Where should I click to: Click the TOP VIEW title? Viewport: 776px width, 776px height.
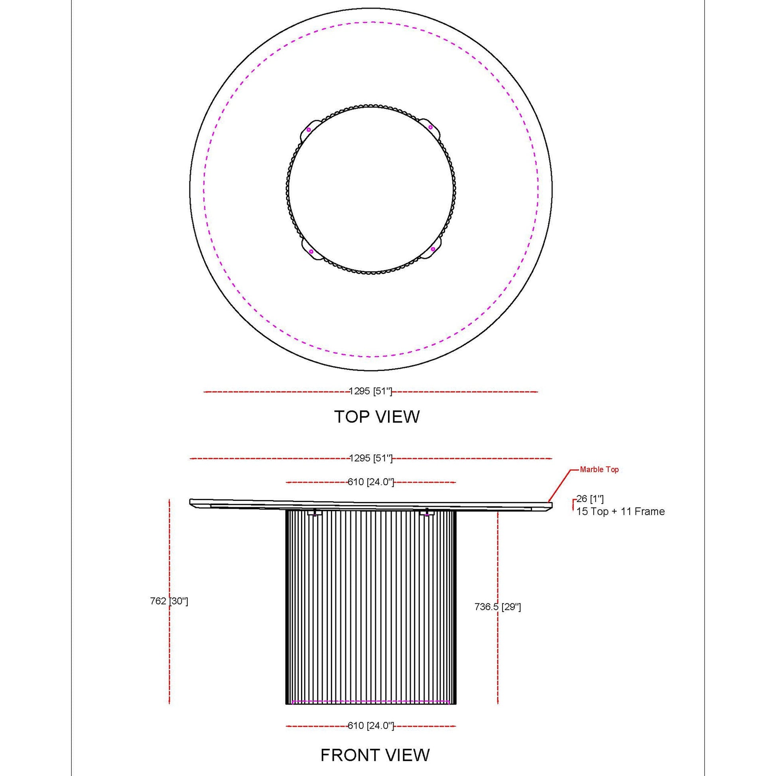pos(377,417)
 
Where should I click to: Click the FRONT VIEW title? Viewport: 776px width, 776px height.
pos(375,755)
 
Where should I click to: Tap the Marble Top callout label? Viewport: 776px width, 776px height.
pos(599,469)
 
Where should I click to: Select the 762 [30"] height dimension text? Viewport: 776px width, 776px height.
pos(169,601)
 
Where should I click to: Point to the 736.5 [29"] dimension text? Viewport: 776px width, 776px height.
pos(498,607)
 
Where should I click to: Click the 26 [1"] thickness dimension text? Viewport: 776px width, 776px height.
pos(590,499)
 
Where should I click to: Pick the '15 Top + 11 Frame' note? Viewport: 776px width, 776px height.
pos(620,512)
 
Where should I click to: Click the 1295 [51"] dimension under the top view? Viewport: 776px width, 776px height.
pos(370,391)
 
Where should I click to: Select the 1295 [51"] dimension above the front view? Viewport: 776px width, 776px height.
pos(371,458)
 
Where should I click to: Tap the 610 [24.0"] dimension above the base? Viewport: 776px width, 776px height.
pos(371,482)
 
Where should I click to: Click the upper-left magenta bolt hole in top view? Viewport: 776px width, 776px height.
pos(309,129)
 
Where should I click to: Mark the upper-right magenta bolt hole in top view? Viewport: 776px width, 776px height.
pos(430,127)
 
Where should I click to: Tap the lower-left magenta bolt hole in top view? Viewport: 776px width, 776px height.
pos(311,252)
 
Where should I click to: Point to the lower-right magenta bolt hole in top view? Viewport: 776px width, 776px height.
pos(433,249)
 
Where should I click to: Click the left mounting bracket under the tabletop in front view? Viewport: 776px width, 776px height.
pos(315,513)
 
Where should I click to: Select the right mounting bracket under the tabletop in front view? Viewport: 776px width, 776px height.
pos(427,513)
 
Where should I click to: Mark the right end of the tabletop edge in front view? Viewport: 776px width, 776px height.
pos(551,505)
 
